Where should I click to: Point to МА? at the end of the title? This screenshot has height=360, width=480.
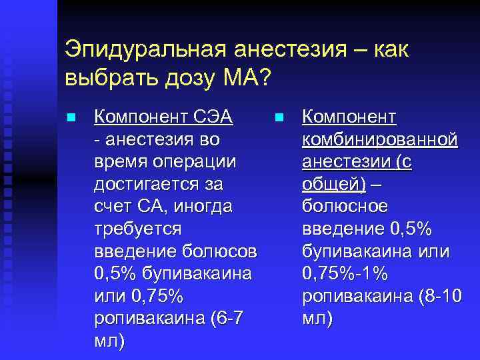(244, 79)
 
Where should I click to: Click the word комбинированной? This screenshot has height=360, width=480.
(379, 140)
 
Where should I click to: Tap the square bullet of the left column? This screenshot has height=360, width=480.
(70, 118)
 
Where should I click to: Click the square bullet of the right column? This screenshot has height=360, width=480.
(279, 118)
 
